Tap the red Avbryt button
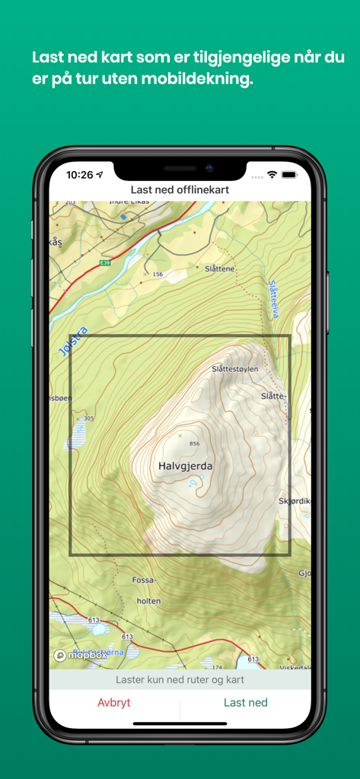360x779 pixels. point(114,703)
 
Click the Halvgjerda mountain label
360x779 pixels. point(186,466)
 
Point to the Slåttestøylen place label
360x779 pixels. point(235,369)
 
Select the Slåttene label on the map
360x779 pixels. point(220,269)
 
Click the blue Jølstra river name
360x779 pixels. point(73,342)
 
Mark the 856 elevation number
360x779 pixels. point(194,444)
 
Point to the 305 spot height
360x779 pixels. point(89,418)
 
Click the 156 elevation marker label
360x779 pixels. point(158,274)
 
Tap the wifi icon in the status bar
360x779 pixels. point(272,175)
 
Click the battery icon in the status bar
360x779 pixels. point(289,175)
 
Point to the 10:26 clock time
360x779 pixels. point(79,175)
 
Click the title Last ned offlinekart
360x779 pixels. point(180,189)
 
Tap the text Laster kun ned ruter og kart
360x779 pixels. point(180,679)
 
